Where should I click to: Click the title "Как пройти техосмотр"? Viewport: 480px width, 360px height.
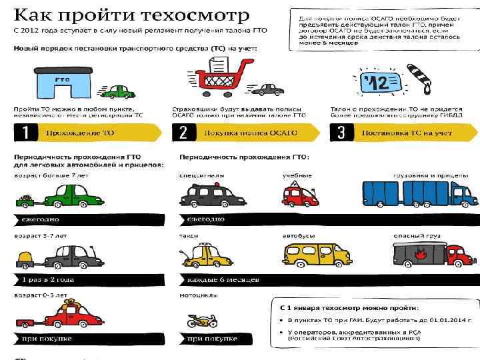pyautogui.click(x=133, y=15)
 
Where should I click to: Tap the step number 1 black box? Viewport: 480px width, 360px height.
pyautogui.click(x=25, y=133)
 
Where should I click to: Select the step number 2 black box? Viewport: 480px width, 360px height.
pyautogui.click(x=183, y=133)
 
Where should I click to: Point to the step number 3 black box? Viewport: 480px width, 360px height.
pyautogui.click(x=341, y=133)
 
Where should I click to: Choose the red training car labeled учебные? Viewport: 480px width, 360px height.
pyautogui.click(x=301, y=193)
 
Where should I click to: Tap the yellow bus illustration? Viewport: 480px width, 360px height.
pyautogui.click(x=317, y=253)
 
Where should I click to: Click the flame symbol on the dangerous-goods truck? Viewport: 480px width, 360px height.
pyautogui.click(x=420, y=253)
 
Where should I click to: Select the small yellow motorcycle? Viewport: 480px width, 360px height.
pyautogui.click(x=201, y=321)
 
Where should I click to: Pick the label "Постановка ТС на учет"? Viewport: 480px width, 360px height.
pyautogui.click(x=407, y=133)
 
